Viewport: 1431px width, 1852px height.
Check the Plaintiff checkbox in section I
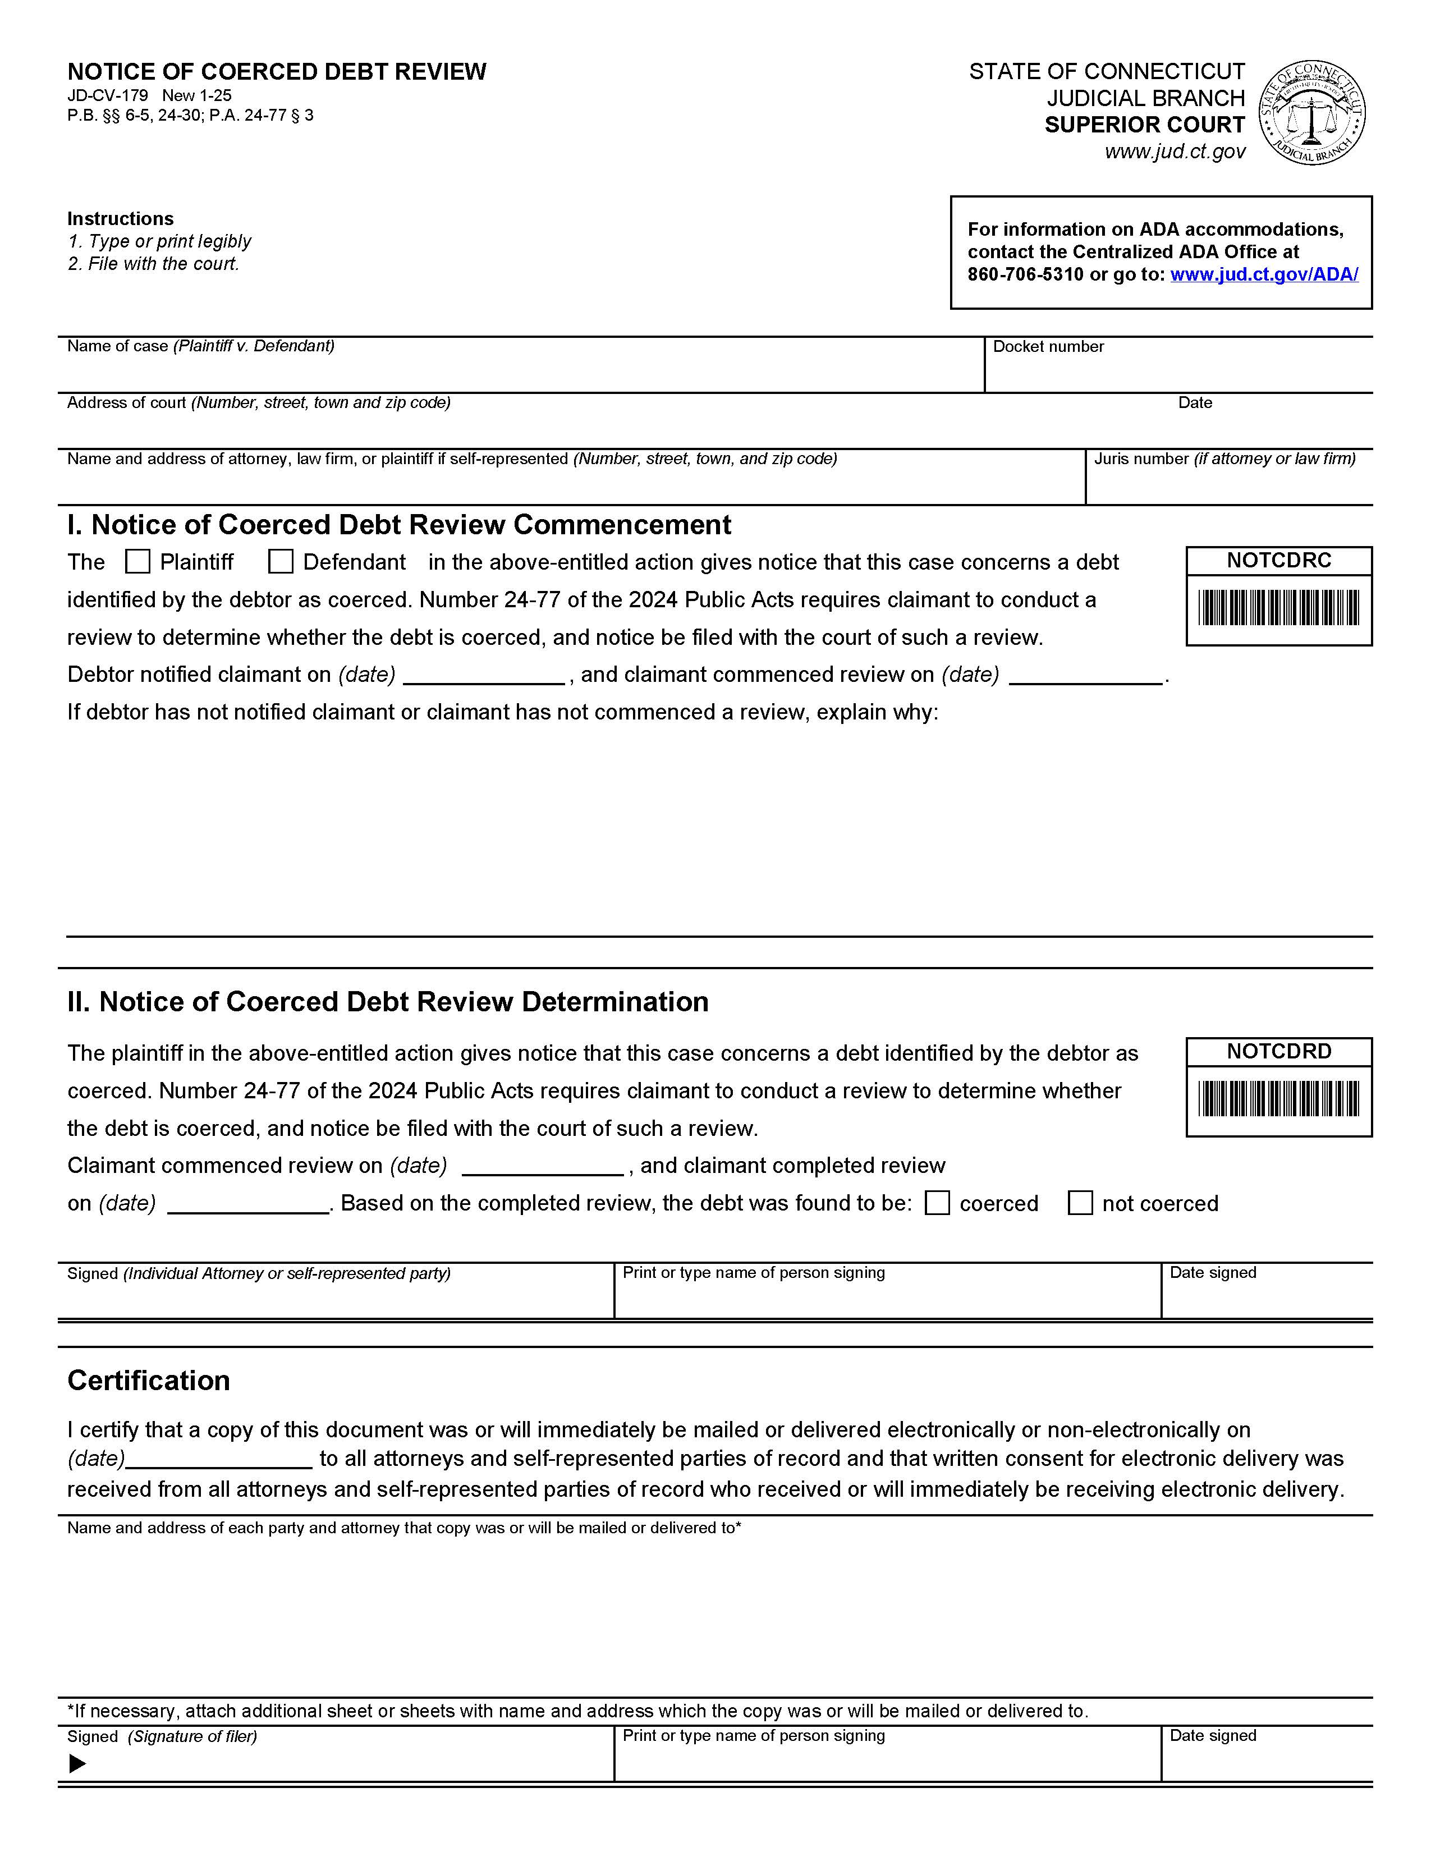137,562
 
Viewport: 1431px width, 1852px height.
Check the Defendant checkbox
281,562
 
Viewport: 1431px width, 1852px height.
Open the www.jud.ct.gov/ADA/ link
1264,275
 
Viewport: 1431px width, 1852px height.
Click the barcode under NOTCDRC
1278,608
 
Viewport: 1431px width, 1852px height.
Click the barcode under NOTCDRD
1278,1099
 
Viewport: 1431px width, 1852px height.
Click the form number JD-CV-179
108,96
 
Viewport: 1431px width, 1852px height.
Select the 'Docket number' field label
1048,347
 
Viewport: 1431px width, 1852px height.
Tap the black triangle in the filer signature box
77,1764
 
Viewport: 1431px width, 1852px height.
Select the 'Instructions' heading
121,219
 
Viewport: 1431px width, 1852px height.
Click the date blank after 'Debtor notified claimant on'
483,675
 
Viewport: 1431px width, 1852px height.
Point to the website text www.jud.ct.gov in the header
1175,152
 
